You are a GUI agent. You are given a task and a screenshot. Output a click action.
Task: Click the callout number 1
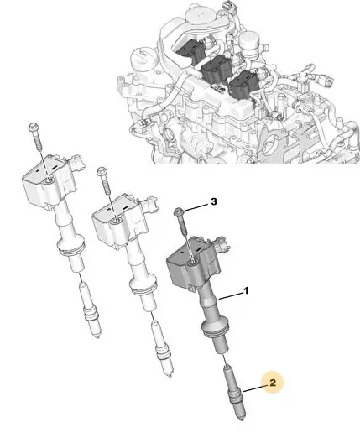246,291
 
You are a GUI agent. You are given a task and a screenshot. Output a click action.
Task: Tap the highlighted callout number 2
273,383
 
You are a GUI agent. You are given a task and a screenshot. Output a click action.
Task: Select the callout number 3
214,201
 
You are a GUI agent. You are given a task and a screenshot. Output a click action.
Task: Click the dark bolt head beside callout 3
178,211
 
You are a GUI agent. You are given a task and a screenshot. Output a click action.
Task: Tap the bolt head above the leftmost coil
33,128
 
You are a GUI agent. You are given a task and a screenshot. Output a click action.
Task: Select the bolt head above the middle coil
101,171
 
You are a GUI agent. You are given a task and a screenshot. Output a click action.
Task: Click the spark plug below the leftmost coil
90,310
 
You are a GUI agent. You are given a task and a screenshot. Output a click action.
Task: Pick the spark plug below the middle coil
162,349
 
